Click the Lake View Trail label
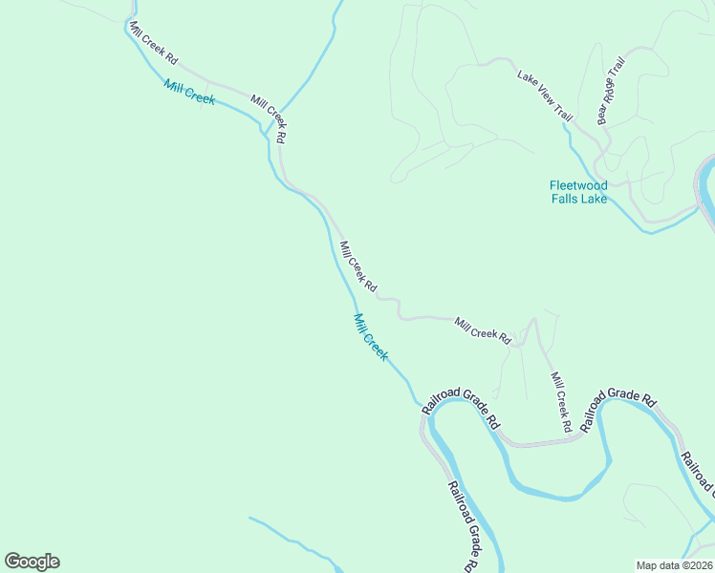[x=545, y=95]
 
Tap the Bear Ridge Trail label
[x=611, y=91]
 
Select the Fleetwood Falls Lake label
[x=578, y=192]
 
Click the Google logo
[x=32, y=562]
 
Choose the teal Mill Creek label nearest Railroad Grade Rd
[x=371, y=337]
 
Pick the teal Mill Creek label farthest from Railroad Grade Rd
[x=189, y=93]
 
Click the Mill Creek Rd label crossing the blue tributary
[x=269, y=118]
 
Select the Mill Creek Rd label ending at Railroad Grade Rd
[x=560, y=397]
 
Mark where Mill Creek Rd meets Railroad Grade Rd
[x=577, y=436]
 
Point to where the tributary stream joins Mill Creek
[x=265, y=130]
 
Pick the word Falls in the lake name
[x=563, y=199]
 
